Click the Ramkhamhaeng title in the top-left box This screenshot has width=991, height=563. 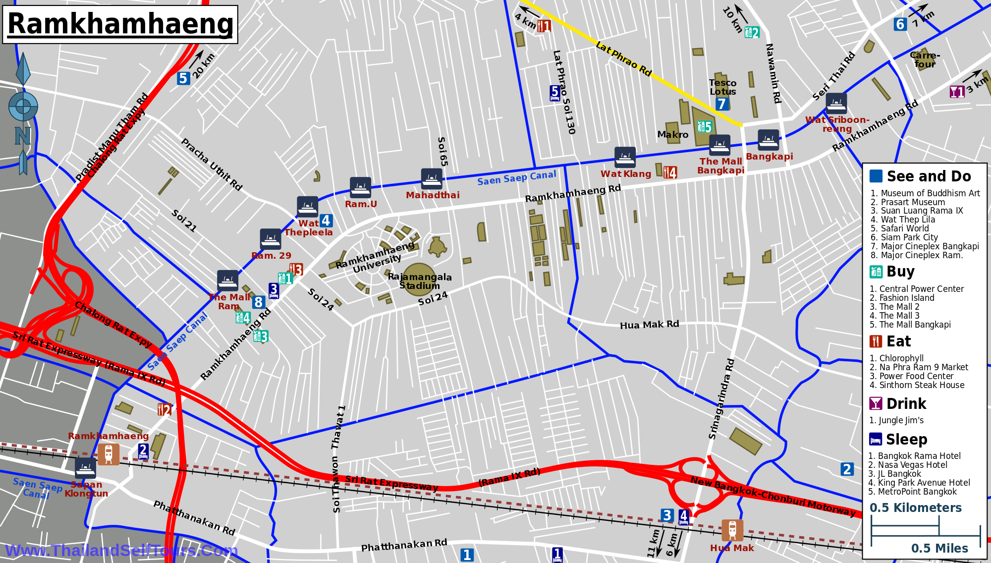[120, 24]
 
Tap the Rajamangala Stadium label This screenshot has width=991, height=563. [420, 281]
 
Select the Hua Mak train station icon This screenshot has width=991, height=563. [732, 530]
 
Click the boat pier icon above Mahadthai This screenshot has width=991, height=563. [432, 178]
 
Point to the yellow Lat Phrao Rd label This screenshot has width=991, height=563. [623, 59]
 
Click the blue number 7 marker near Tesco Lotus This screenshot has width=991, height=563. [721, 104]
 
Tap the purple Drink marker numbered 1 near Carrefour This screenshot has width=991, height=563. [956, 92]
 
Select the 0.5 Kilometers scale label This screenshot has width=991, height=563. [915, 507]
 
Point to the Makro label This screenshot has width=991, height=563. [672, 135]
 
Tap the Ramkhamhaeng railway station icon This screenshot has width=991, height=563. [108, 454]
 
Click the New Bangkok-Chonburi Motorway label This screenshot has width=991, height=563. [772, 496]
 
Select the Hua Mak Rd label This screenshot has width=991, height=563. [649, 325]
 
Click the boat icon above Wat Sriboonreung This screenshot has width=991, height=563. [836, 104]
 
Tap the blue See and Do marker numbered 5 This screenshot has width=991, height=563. [183, 78]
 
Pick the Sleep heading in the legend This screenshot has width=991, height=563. [906, 440]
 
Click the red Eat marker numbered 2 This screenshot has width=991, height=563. [164, 409]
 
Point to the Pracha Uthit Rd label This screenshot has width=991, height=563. [212, 165]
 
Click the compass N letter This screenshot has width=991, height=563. [22, 135]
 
